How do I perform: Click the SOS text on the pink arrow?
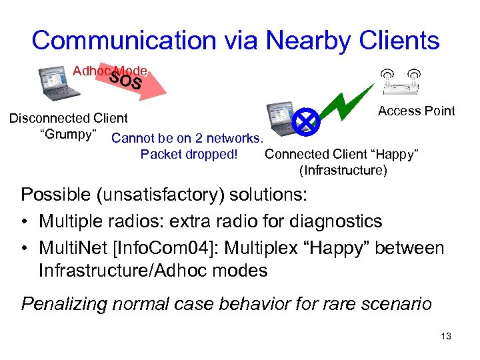click(126, 79)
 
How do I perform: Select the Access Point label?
click(416, 111)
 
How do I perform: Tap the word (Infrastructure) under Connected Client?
click(343, 170)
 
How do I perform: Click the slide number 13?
click(446, 336)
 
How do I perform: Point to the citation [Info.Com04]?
click(163, 249)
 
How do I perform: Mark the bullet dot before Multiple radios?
click(25, 221)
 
